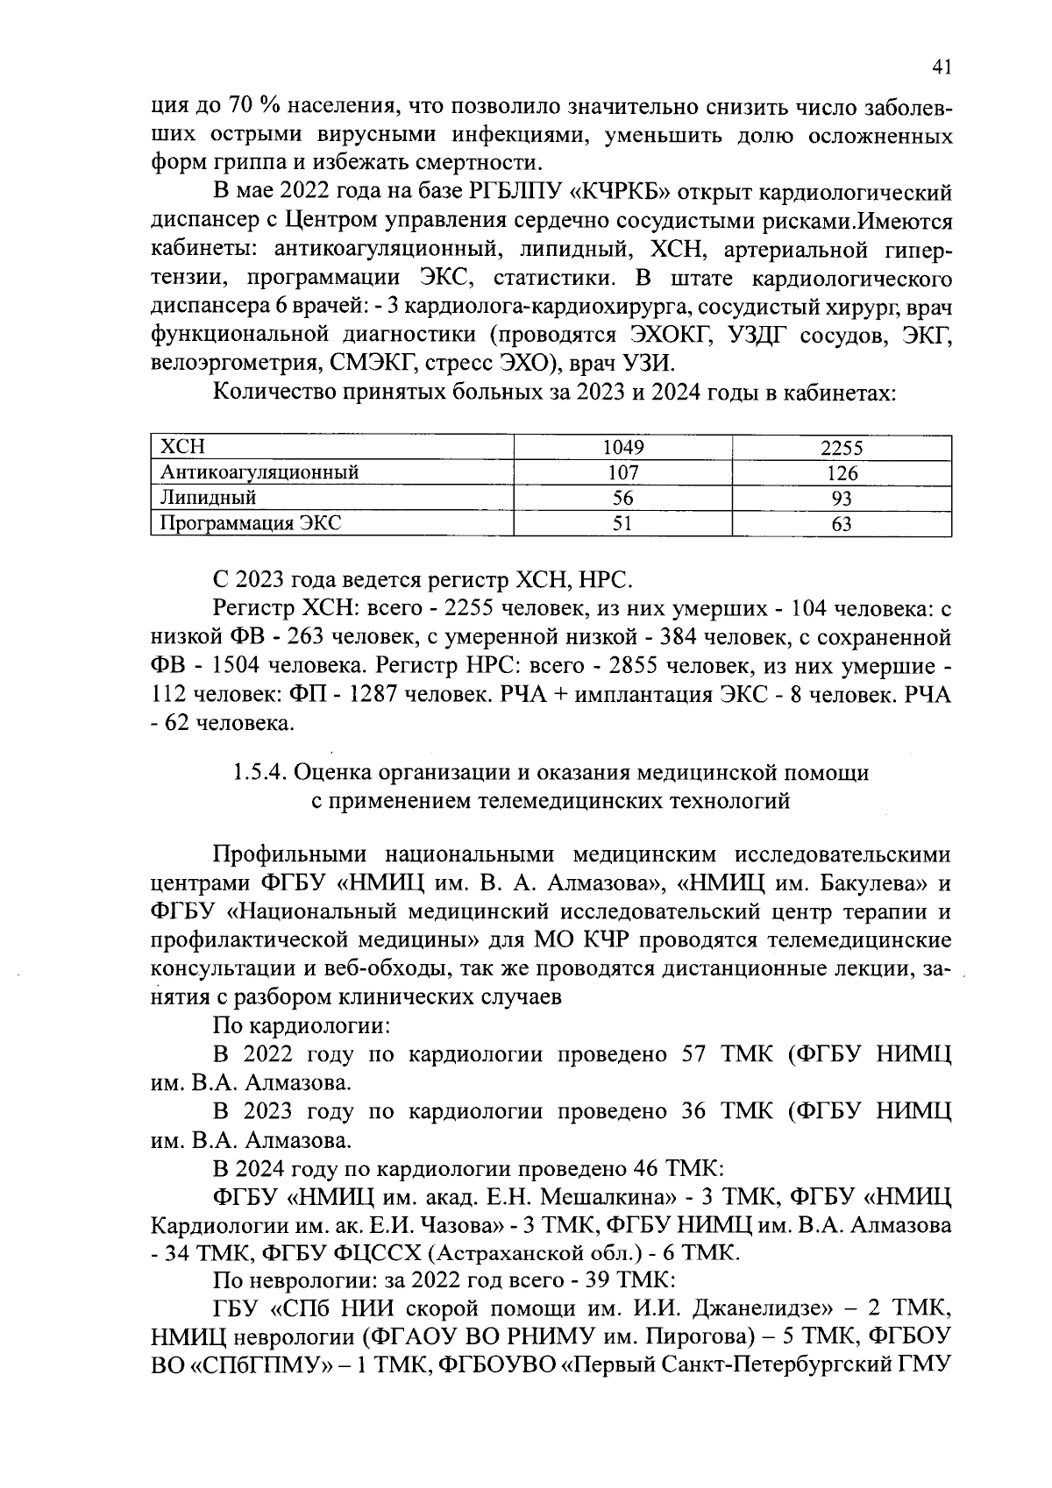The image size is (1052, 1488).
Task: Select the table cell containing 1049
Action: tap(623, 448)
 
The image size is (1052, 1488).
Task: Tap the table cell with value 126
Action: tap(842, 473)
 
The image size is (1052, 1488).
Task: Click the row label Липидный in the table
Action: tap(208, 499)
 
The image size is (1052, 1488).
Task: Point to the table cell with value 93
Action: tap(842, 499)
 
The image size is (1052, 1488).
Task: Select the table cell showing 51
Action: tap(623, 524)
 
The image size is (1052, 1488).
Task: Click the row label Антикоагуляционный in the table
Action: tap(259, 473)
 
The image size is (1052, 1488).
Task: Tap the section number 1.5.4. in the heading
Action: tap(260, 772)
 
